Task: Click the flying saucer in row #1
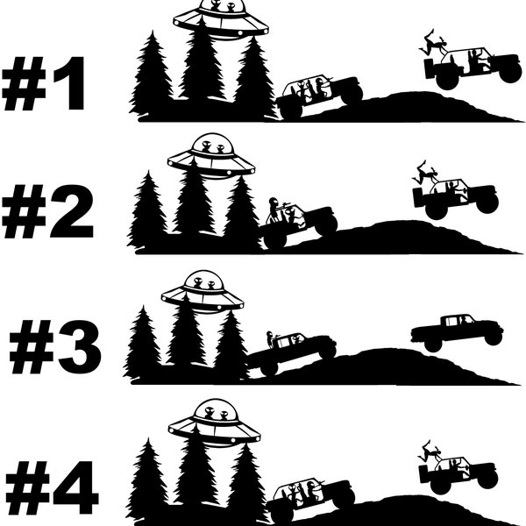click(x=220, y=19)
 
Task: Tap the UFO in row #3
click(x=203, y=292)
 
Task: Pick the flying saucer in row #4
click(x=214, y=422)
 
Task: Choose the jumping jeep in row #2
click(x=456, y=197)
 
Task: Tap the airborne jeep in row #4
click(x=458, y=473)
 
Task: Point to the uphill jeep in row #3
click(x=291, y=351)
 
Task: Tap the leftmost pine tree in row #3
click(x=142, y=344)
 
